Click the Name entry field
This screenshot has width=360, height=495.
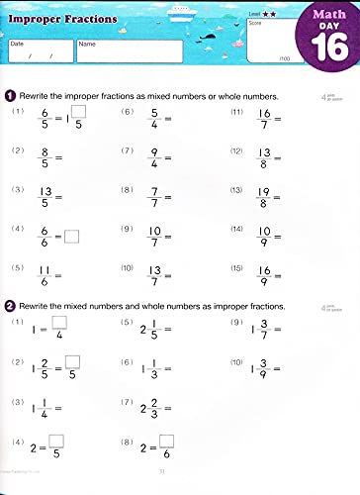pos(129,53)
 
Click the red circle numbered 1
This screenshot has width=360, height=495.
pos(10,96)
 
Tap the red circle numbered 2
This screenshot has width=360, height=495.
pos(10,307)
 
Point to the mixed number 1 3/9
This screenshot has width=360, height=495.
pos(260,371)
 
